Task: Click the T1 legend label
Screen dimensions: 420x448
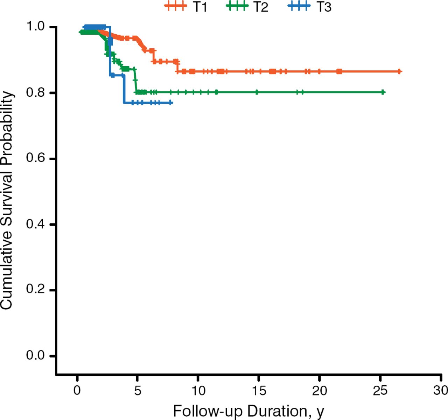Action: tap(200, 7)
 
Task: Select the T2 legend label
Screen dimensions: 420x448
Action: tap(261, 7)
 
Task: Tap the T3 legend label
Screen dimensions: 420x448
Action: tap(324, 7)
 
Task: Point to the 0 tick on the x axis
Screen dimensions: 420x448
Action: tap(77, 390)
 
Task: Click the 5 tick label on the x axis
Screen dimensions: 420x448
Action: tap(138, 390)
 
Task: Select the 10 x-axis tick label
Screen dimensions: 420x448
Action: tap(198, 390)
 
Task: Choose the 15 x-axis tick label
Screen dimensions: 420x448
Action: tap(259, 390)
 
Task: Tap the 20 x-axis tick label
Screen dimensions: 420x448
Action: tap(319, 390)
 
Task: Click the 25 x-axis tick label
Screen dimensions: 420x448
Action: tap(380, 390)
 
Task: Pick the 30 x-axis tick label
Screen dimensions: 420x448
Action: tap(440, 390)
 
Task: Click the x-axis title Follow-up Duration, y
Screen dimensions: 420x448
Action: tap(248, 411)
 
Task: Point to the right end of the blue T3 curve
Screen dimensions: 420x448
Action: tap(171, 102)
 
